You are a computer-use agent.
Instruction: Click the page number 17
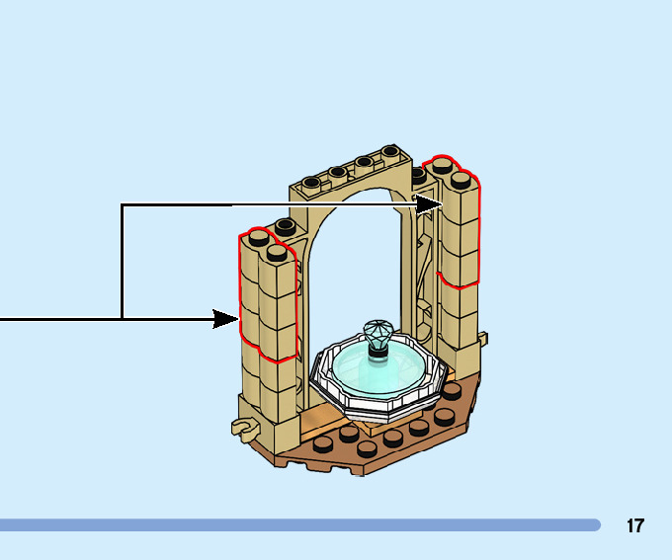point(634,525)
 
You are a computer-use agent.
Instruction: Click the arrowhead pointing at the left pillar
point(227,318)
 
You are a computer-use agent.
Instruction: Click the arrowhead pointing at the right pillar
point(429,204)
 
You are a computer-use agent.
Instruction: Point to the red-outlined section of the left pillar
point(268,296)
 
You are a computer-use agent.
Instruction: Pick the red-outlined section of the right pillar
point(460,227)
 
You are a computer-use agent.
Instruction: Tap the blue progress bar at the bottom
point(296,525)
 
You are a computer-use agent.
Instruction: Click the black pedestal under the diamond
point(377,350)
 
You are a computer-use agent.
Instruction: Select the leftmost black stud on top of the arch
point(313,182)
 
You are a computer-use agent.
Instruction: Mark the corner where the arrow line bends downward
point(122,205)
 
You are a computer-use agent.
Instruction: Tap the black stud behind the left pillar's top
point(285,226)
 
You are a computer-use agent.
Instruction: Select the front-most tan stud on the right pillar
point(461,179)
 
